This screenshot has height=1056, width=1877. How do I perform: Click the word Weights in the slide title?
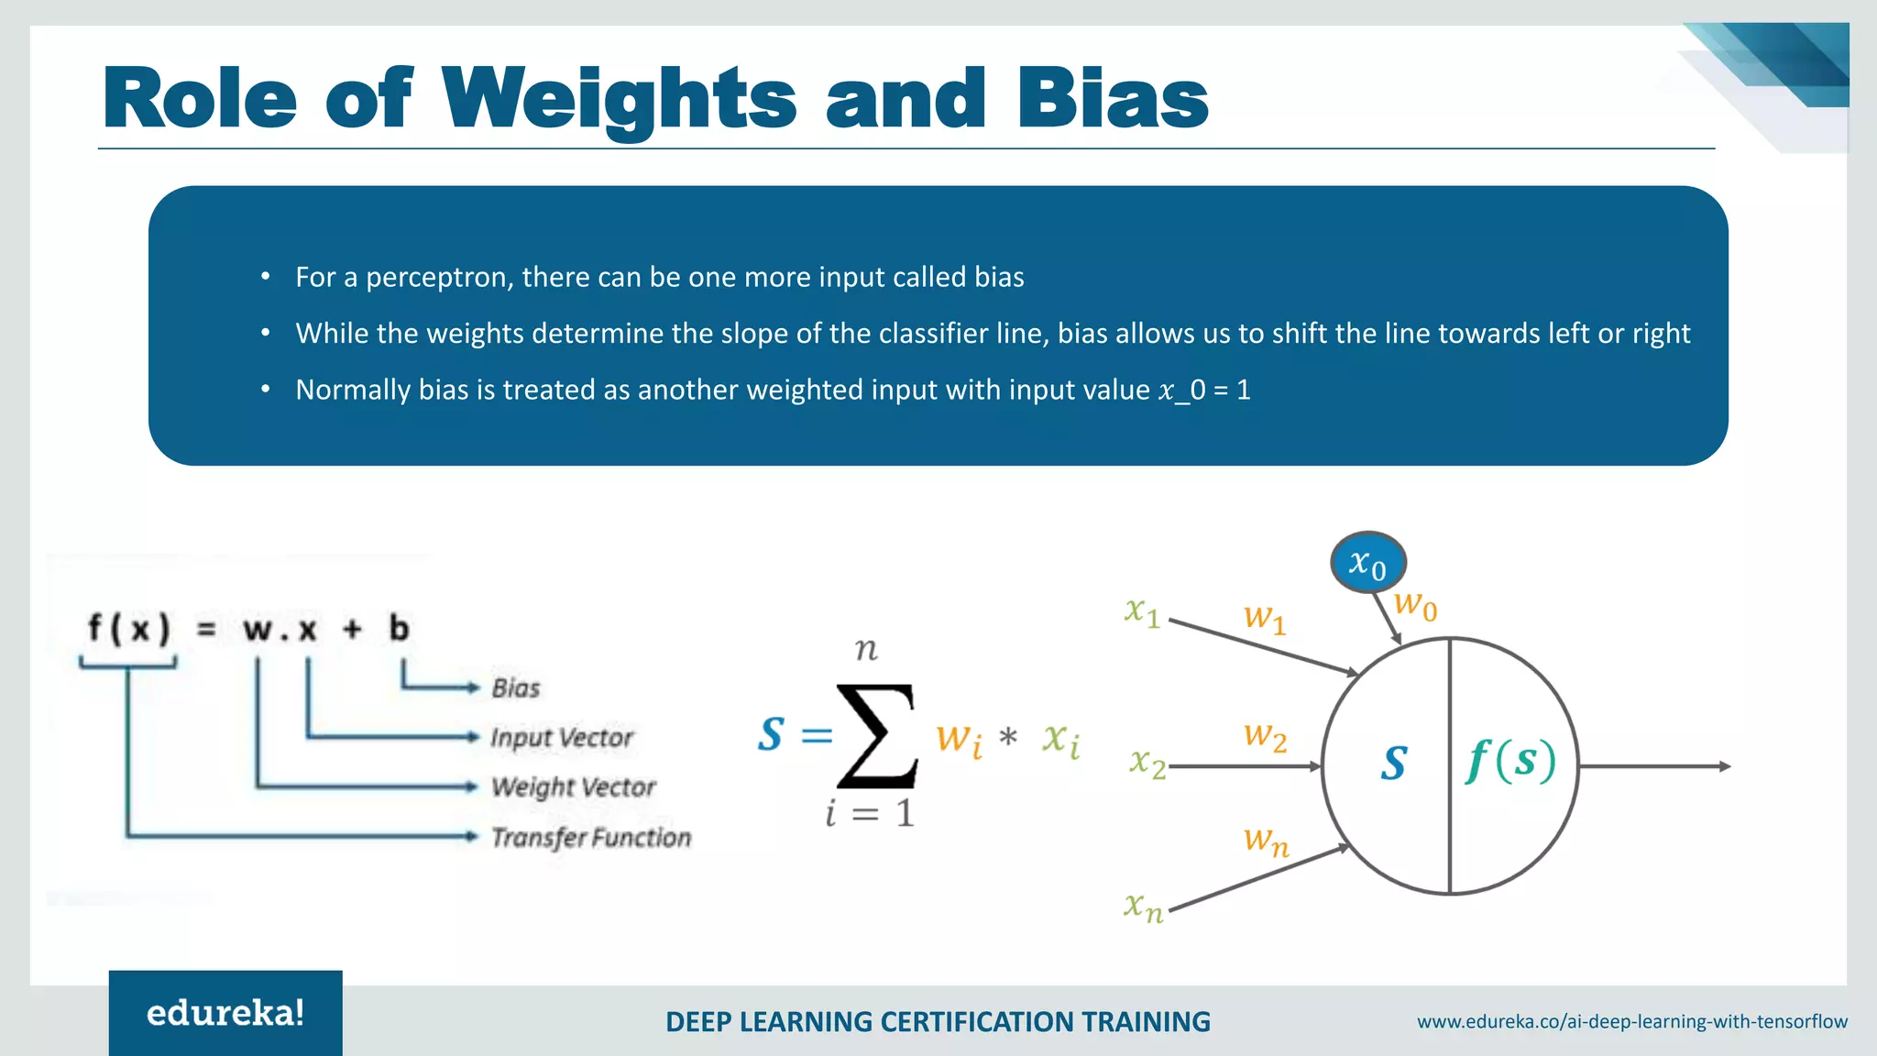[620, 99]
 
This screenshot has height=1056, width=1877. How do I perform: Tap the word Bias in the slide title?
[1113, 99]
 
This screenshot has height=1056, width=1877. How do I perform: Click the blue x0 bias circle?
[1367, 563]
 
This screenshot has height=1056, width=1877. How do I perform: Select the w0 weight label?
[1415, 605]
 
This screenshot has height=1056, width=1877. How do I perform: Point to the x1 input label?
[1142, 611]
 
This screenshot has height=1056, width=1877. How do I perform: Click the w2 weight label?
[1265, 736]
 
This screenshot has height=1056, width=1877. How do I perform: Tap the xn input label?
[1143, 907]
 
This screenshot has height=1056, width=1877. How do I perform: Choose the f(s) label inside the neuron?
[1510, 761]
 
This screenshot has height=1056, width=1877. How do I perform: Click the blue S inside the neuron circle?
[1393, 763]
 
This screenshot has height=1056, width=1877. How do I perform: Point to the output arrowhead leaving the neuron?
[1724, 766]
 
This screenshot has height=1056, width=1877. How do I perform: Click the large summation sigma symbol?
[876, 736]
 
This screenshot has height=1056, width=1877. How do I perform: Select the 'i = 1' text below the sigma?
[869, 813]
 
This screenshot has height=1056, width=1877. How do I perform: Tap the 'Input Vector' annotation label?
[561, 738]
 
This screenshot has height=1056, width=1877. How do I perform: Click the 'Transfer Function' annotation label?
[591, 837]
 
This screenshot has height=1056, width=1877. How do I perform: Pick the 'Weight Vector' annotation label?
[574, 787]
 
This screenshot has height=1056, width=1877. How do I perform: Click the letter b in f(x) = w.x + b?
[399, 629]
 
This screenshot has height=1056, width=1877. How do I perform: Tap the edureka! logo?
[225, 1013]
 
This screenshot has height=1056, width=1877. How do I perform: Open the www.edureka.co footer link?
[1631, 1021]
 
